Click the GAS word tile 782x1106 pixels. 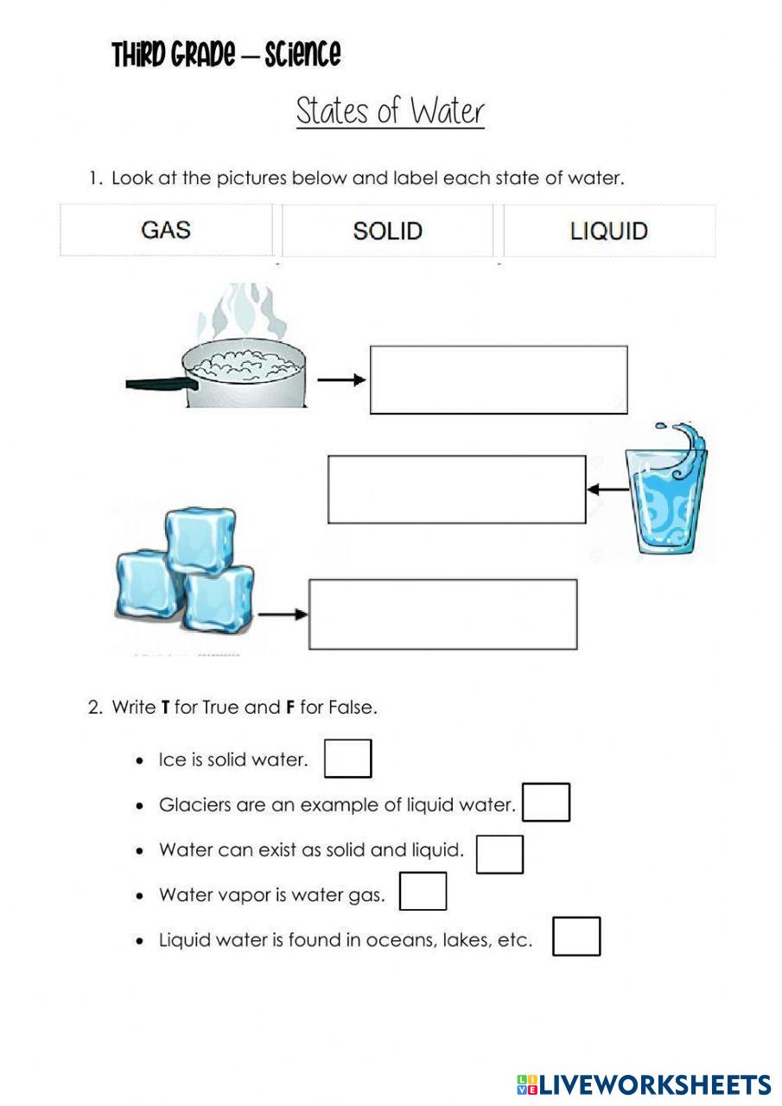pos(166,231)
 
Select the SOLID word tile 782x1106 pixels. pos(387,231)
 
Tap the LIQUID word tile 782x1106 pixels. pos(609,231)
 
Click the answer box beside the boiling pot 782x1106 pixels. pos(499,379)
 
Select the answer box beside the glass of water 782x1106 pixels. pos(456,489)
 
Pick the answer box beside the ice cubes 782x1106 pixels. pos(442,613)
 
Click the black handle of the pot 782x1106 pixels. pos(156,385)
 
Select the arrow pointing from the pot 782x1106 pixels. pos(341,379)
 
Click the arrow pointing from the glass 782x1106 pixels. pos(607,490)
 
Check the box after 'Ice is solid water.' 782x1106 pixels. pos(348,759)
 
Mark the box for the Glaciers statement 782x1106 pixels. pos(546,803)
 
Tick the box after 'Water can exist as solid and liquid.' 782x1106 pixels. pos(499,854)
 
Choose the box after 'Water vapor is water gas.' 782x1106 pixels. pos(423,892)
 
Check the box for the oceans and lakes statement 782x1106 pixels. pos(575,937)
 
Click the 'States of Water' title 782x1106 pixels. pos(390,111)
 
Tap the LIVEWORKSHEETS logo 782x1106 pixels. pos(644,1085)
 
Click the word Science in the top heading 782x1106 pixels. pos(302,54)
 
